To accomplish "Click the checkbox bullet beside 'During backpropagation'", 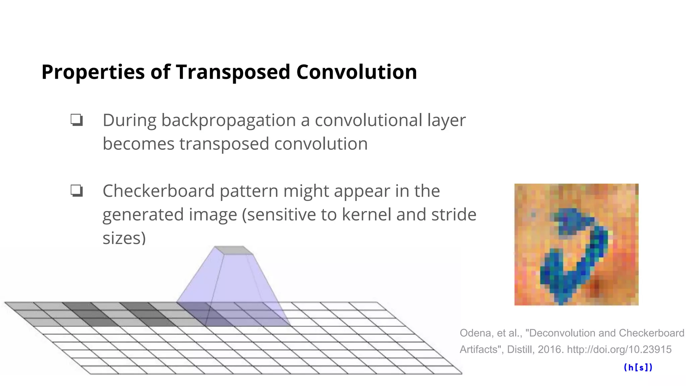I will coord(77,120).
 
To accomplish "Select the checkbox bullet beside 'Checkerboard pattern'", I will coord(77,191).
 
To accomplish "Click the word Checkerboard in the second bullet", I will coord(158,191).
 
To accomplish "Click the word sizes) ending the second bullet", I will coord(124,238).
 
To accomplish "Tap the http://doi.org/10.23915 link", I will coord(619,349).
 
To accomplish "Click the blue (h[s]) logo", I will coord(638,368).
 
